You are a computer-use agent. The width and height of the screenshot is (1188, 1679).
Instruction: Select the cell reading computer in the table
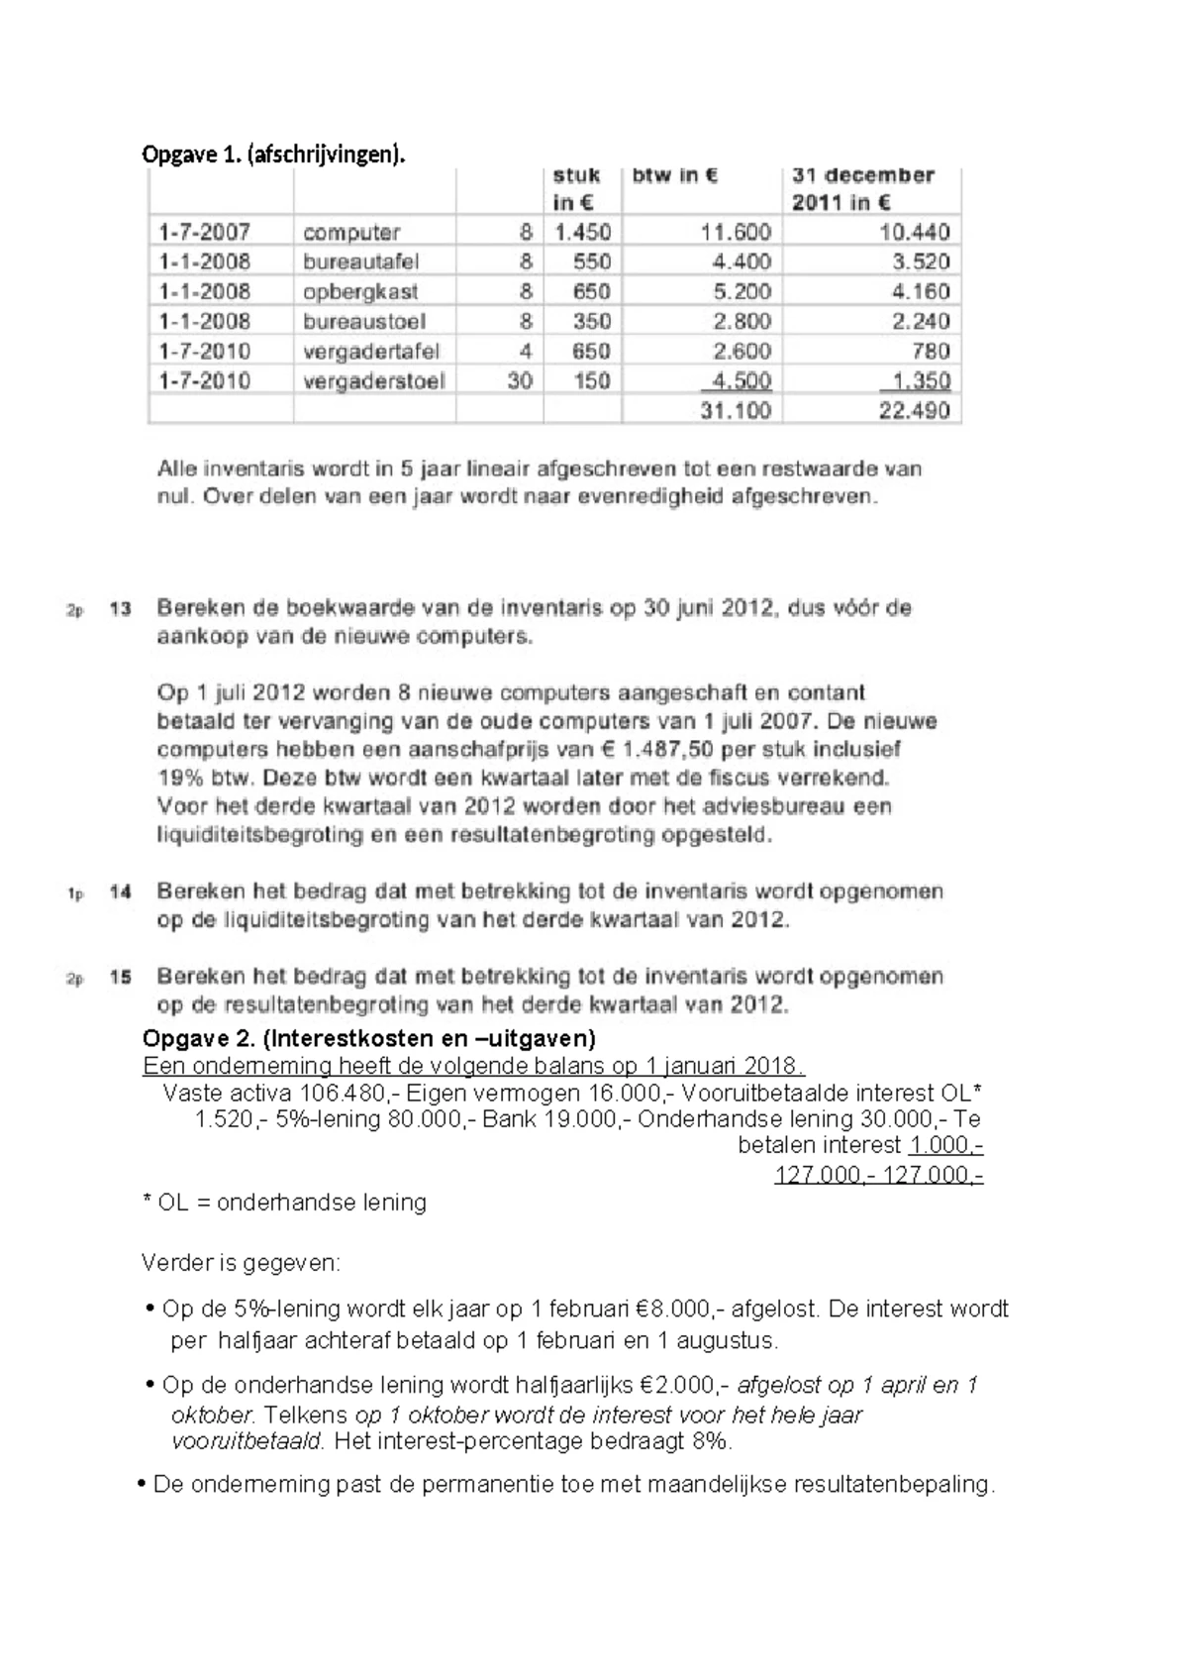350,232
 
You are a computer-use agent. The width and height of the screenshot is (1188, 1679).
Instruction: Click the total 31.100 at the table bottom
735,410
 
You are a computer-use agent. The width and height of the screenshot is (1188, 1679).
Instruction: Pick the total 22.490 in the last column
914,410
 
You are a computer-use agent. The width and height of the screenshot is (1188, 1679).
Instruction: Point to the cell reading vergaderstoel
373,380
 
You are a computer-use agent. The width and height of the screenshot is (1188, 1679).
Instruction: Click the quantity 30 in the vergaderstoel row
519,380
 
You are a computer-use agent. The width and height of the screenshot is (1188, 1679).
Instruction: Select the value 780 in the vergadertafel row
931,351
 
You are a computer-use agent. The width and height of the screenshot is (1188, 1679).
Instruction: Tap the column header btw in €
675,176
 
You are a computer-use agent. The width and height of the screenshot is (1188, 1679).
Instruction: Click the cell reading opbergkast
360,291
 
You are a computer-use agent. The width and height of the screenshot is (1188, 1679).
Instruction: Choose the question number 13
121,608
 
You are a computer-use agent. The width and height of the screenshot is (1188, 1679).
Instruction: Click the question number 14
121,892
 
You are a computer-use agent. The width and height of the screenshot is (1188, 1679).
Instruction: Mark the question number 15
121,977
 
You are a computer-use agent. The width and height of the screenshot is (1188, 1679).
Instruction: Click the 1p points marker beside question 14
75,893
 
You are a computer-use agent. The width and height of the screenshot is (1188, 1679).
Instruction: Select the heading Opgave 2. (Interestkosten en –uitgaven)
368,1038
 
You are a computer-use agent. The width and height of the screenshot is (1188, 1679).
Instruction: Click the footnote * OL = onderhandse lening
284,1202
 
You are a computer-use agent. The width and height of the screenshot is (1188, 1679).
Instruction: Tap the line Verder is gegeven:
241,1263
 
